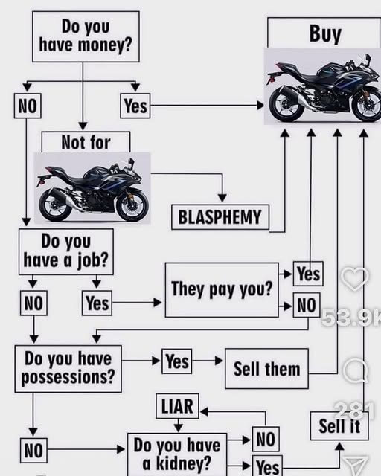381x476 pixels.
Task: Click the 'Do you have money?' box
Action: pyautogui.click(x=86, y=36)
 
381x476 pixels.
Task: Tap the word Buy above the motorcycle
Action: pyautogui.click(x=324, y=33)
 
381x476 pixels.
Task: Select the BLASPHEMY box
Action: pyautogui.click(x=220, y=217)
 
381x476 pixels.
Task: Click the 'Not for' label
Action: pyautogui.click(x=86, y=142)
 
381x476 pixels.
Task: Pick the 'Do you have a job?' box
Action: pyautogui.click(x=66, y=251)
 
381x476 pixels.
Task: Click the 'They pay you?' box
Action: pyautogui.click(x=222, y=289)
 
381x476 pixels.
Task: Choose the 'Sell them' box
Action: pyautogui.click(x=266, y=369)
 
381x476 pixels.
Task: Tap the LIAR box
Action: pyautogui.click(x=178, y=406)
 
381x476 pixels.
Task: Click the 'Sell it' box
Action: pyautogui.click(x=339, y=426)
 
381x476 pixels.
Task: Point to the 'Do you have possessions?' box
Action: pyautogui.click(x=68, y=368)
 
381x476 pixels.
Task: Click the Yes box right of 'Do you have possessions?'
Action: pyautogui.click(x=177, y=361)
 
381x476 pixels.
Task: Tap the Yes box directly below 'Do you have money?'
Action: pyautogui.click(x=135, y=106)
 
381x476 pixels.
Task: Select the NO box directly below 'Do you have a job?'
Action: pyautogui.click(x=33, y=303)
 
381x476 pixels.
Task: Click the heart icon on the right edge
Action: pyautogui.click(x=354, y=279)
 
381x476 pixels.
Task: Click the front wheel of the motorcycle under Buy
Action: pyautogui.click(x=366, y=105)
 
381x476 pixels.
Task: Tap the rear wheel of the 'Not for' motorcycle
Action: pyautogui.click(x=56, y=205)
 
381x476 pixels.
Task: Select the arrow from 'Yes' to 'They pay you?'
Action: pyautogui.click(x=136, y=303)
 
